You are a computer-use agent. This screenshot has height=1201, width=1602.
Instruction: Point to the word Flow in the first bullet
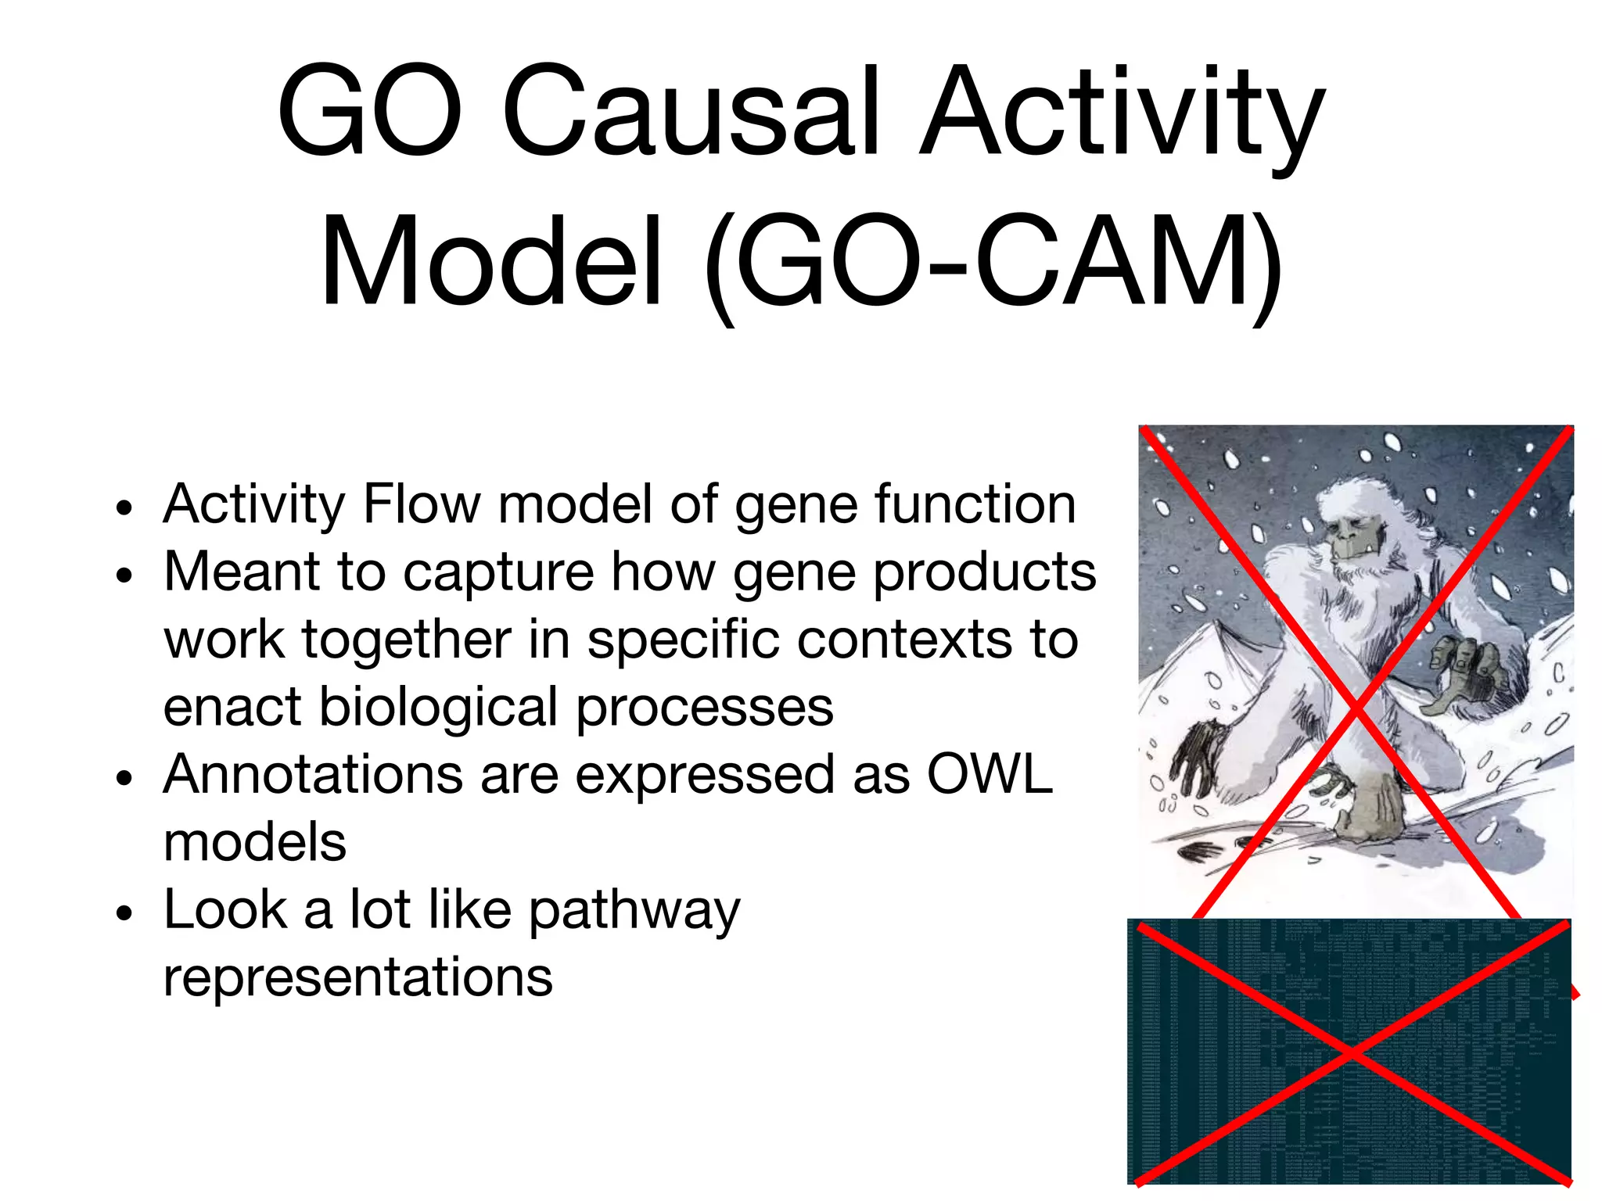coord(422,504)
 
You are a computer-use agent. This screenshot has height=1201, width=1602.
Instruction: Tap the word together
coord(406,640)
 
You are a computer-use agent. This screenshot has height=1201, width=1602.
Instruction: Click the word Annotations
coord(313,775)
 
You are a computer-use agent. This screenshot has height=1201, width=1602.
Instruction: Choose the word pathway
coord(634,912)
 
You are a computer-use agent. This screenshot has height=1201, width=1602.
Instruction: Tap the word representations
coord(357,977)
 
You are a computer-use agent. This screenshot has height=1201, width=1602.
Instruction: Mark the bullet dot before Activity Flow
coord(124,507)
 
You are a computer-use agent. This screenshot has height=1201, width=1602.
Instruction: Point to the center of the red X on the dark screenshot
coord(1352,1054)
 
